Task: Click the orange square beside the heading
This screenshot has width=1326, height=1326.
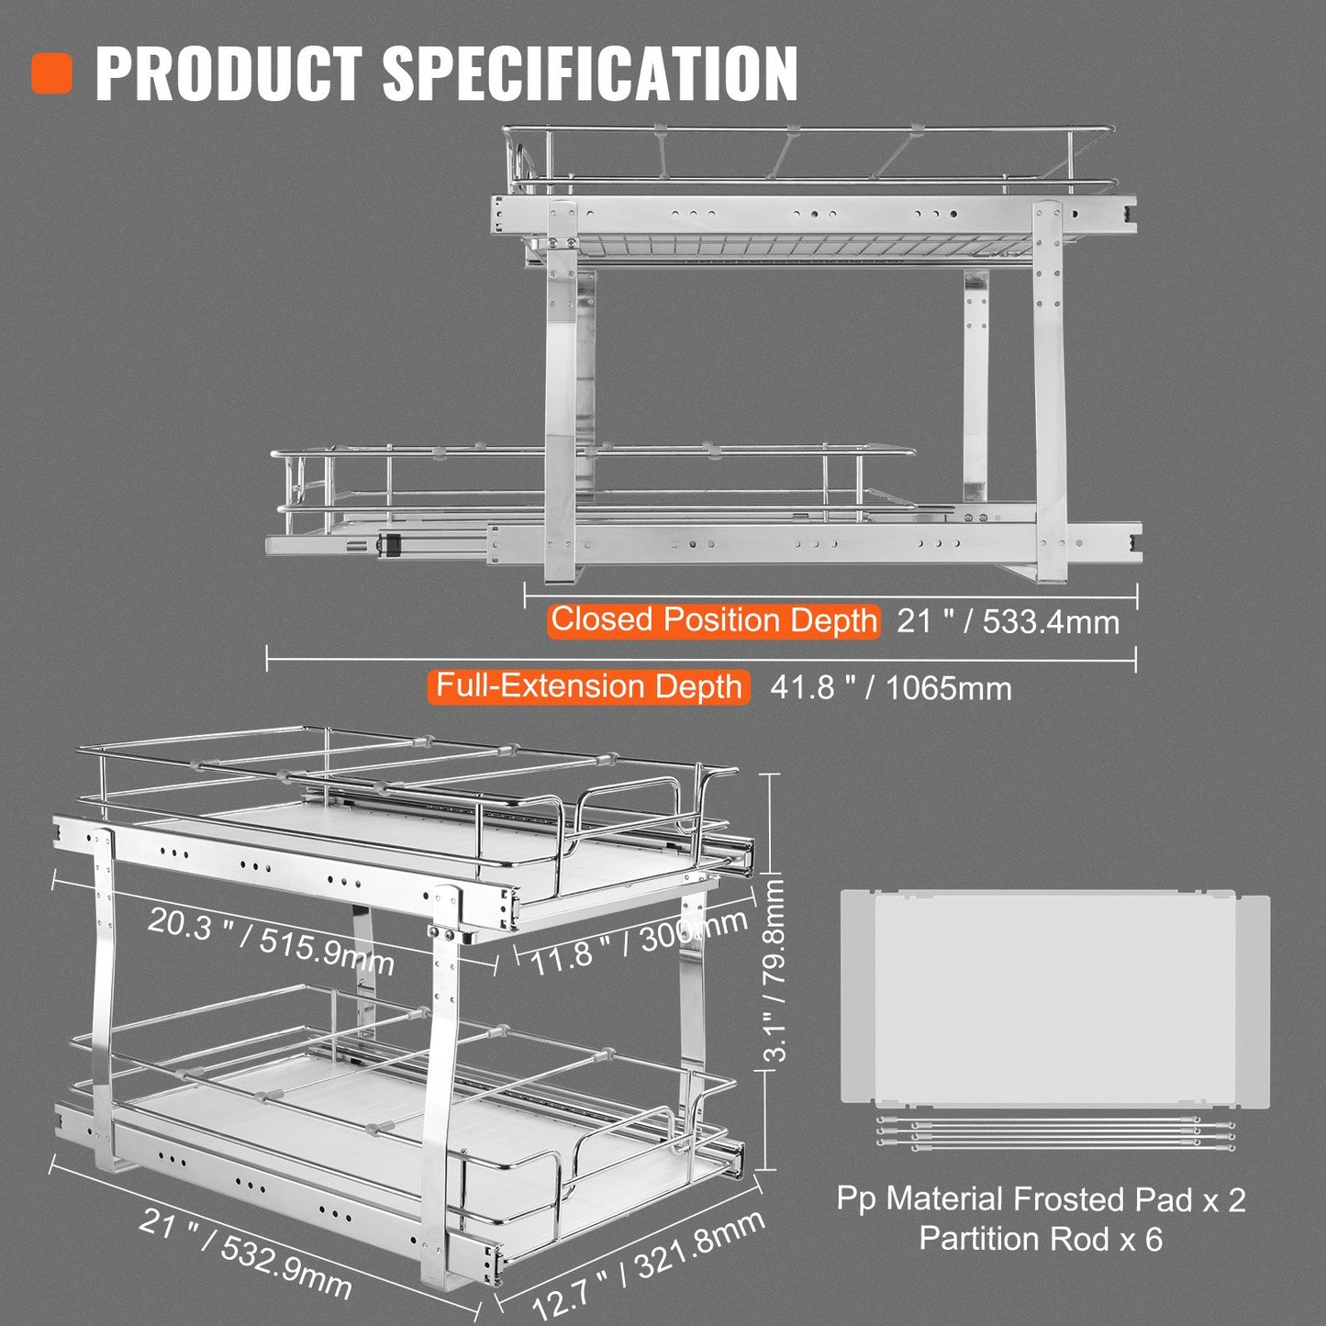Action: coord(51,73)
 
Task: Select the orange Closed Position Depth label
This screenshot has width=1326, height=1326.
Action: coord(713,620)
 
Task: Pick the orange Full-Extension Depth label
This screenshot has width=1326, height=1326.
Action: coord(588,686)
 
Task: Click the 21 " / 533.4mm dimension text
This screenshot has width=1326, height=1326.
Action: coord(1008,622)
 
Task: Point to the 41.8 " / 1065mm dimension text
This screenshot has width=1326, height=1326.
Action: coord(890,688)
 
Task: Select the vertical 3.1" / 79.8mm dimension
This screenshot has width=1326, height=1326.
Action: coord(776,969)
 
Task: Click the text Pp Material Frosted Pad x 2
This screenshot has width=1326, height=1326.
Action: coord(1041,1199)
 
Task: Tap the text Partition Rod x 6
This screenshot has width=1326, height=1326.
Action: coord(1041,1240)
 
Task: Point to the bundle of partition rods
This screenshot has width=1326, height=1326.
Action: coord(1055,1130)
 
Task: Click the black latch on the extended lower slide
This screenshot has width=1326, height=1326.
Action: coord(388,544)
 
